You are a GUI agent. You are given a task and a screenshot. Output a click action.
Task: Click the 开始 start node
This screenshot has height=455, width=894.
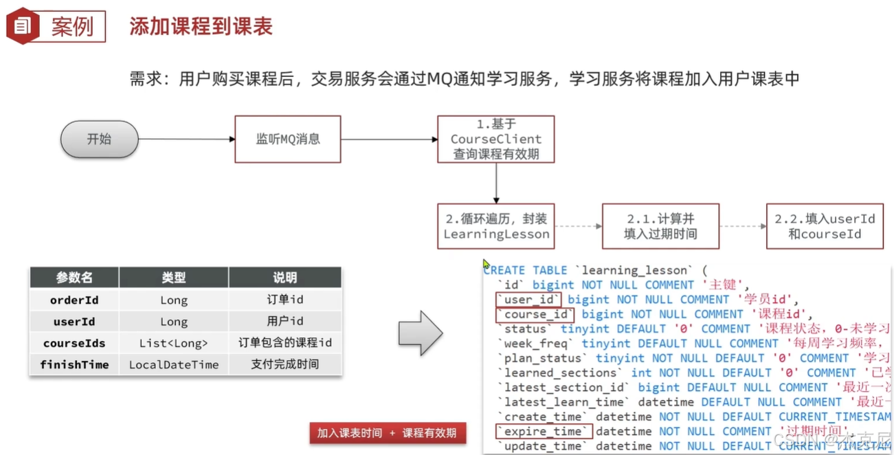pos(99,139)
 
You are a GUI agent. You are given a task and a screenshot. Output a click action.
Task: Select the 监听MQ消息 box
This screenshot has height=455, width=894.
pos(288,139)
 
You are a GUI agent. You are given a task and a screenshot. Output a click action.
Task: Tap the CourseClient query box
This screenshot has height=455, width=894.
pos(495,139)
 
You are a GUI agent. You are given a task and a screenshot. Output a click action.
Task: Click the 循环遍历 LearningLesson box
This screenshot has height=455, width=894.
pos(495,226)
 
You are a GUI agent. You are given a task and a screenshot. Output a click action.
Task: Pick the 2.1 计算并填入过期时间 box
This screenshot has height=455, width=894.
pos(660,226)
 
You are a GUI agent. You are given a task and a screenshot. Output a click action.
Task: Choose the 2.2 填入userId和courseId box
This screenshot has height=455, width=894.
pos(825,226)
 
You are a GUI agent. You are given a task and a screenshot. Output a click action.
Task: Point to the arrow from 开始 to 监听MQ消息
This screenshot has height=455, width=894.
pos(186,139)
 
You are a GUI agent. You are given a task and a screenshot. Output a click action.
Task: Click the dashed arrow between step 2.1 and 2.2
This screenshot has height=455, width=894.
pos(743,226)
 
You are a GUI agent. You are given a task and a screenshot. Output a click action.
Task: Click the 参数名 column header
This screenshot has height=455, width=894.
pos(74,278)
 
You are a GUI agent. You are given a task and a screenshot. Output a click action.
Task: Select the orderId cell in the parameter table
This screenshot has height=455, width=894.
pos(74,300)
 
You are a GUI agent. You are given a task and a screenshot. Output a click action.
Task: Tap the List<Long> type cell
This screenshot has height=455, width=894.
pos(174,343)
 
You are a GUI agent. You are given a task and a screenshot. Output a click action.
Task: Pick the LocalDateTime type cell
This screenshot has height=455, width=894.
pos(174,365)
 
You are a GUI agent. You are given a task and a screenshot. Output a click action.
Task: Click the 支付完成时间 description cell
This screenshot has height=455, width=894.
pos(284,364)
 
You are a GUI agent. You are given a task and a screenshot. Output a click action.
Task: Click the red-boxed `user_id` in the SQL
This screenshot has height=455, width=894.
pos(528,300)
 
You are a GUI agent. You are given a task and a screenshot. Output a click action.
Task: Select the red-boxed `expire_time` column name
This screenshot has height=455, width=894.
pos(543,431)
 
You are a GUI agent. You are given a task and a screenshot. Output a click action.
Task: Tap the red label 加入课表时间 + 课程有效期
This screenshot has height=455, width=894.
pos(387,433)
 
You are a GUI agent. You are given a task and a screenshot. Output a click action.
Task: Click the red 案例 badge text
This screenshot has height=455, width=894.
pos(72,26)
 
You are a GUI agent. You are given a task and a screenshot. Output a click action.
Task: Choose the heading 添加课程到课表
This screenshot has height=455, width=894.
pos(201,26)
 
